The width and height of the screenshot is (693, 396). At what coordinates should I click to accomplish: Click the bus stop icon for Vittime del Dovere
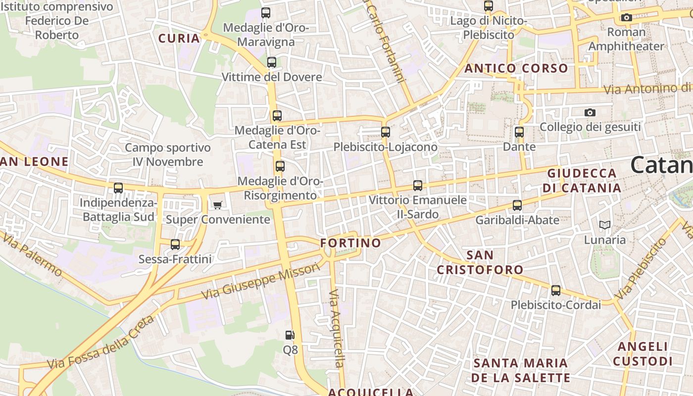pyautogui.click(x=271, y=62)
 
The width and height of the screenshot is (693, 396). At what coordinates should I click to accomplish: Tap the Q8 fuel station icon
pyautogui.click(x=290, y=335)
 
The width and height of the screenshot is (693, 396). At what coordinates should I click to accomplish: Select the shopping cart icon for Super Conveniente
pyautogui.click(x=217, y=205)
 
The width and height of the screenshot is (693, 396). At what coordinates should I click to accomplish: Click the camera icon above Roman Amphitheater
pyautogui.click(x=626, y=18)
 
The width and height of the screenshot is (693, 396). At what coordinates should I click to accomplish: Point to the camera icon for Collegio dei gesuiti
pyautogui.click(x=590, y=113)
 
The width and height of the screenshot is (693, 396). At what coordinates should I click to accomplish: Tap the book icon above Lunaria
pyautogui.click(x=604, y=225)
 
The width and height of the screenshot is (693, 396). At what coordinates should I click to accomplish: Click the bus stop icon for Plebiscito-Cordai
pyautogui.click(x=556, y=291)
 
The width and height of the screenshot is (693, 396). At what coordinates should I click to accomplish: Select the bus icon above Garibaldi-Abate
pyautogui.click(x=517, y=205)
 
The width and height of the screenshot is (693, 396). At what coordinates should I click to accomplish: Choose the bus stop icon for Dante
pyautogui.click(x=519, y=132)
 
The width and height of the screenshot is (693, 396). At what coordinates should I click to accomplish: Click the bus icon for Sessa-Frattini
pyautogui.click(x=175, y=245)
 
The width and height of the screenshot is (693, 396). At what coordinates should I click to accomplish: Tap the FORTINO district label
pyautogui.click(x=350, y=243)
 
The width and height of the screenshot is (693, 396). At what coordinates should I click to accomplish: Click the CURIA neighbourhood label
pyautogui.click(x=179, y=38)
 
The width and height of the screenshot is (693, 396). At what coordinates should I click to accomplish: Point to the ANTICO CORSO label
pyautogui.click(x=516, y=68)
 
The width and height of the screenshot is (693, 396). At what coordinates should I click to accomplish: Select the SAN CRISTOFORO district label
pyautogui.click(x=480, y=262)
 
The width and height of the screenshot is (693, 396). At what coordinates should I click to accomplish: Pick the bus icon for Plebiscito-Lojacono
pyautogui.click(x=386, y=132)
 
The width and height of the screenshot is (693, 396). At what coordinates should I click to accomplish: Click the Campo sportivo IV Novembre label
pyautogui.click(x=167, y=154)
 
